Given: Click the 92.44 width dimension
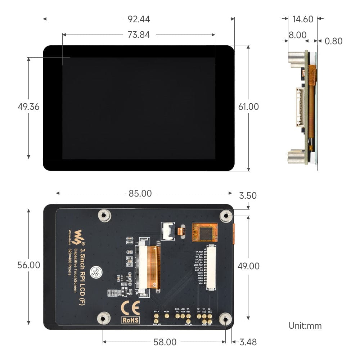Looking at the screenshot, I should pos(139,19).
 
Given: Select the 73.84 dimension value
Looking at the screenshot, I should pos(139,35).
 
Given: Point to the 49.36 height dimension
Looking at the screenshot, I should pos(28,107).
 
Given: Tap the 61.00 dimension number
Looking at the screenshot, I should pos(248,107).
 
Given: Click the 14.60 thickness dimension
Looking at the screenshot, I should pos(303,19).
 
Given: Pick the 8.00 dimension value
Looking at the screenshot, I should pos(297,35).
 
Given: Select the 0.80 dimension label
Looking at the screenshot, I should pos(333,41).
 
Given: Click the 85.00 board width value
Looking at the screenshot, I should pos(140,194).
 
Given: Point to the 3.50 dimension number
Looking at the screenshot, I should pos(248,196).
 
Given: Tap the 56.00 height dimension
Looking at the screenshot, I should pos(29,265).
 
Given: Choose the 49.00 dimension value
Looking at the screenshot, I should pos(248,266).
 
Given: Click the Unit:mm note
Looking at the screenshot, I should pos(305,326).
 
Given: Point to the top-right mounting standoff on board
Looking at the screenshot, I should pos(226,216).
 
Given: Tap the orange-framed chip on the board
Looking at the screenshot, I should pos(205,233).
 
